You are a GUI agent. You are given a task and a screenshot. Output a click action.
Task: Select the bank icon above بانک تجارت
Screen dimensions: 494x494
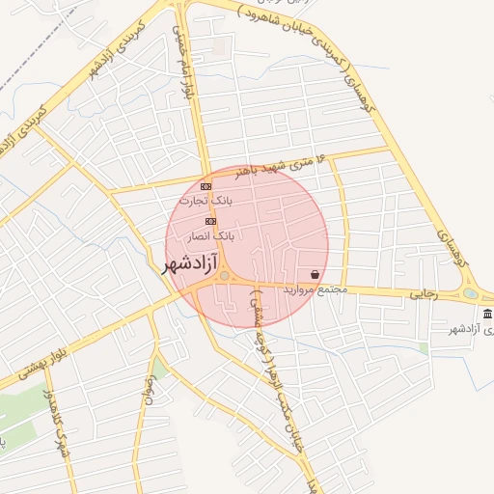click(205, 186)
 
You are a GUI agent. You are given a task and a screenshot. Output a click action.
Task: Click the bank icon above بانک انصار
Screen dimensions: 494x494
click(210, 221)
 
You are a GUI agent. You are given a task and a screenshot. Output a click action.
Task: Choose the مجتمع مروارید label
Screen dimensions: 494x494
click(315, 289)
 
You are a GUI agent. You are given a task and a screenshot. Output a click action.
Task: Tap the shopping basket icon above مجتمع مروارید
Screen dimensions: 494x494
click(316, 274)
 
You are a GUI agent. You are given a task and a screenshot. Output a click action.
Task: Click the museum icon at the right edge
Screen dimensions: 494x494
click(486, 315)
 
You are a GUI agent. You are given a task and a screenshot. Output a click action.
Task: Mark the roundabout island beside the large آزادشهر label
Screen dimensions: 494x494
click(225, 277)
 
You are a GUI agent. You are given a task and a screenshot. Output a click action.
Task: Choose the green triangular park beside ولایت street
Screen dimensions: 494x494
click(158, 368)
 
